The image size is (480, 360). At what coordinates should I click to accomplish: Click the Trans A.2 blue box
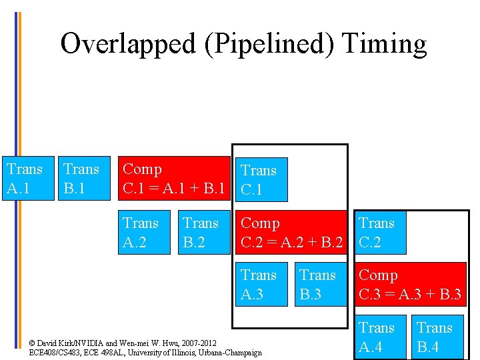pyautogui.click(x=143, y=232)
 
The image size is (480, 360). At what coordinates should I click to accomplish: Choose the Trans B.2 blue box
pyautogui.click(x=203, y=232)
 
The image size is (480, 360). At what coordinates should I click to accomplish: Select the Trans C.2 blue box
pyautogui.click(x=379, y=232)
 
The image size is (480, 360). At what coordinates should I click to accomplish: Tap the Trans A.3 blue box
pyautogui.click(x=262, y=285)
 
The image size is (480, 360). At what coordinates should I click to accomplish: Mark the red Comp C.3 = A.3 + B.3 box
pyautogui.click(x=410, y=285)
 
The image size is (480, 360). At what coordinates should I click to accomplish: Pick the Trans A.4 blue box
pyautogui.click(x=379, y=337)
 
